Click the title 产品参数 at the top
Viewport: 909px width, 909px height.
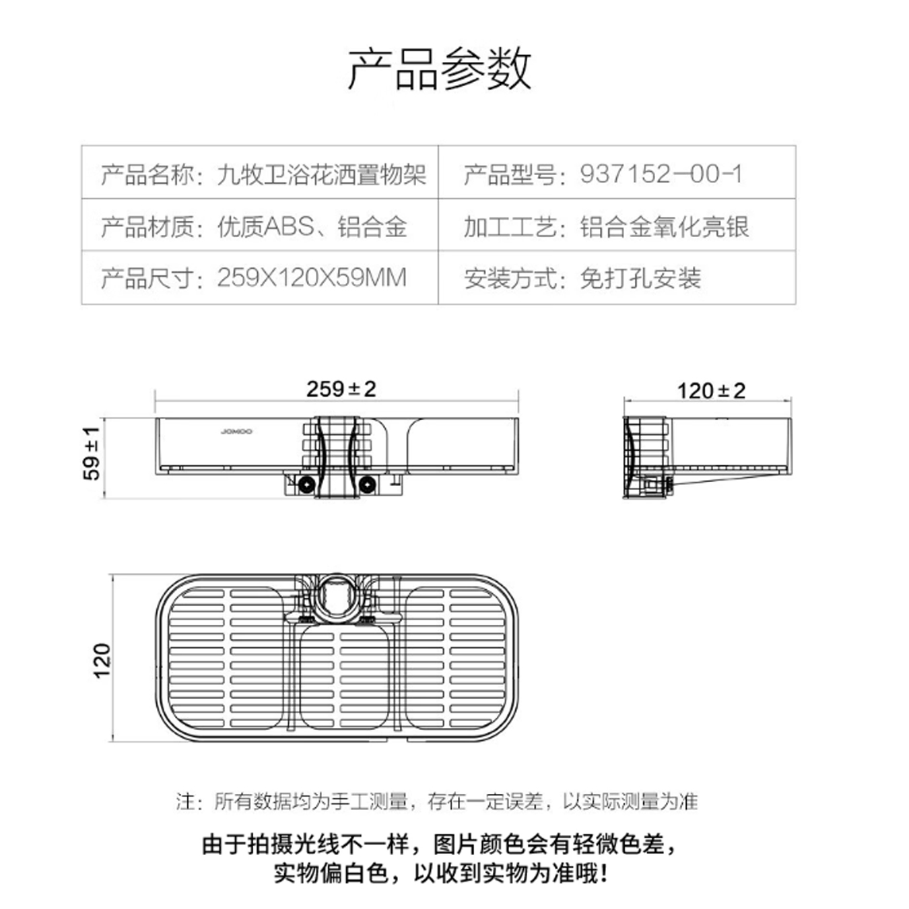(439, 69)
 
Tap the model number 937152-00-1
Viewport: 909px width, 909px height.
(661, 174)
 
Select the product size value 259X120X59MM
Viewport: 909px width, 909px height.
(312, 277)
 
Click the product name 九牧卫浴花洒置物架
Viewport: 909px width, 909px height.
(321, 174)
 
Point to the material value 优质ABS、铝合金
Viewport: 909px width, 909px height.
(312, 226)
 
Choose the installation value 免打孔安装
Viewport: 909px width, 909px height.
(640, 277)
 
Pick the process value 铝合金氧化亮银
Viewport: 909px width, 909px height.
(665, 226)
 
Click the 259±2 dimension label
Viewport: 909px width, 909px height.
(341, 389)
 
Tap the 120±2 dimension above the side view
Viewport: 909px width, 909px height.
(711, 391)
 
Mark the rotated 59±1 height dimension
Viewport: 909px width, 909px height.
(92, 453)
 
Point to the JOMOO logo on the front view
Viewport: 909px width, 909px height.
(236, 432)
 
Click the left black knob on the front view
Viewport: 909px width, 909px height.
(306, 484)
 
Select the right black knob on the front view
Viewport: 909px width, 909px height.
(367, 484)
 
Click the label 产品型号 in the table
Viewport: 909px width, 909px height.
(510, 174)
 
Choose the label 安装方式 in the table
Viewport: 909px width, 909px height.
(510, 277)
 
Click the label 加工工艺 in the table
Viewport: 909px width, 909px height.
(510, 226)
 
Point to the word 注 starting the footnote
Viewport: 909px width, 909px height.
(184, 801)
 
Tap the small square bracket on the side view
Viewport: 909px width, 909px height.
(651, 484)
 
